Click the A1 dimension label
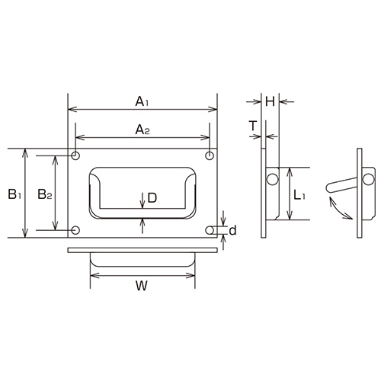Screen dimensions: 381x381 tap(142, 101)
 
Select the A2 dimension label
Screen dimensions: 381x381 tap(142, 130)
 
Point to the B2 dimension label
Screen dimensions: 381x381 tap(44, 194)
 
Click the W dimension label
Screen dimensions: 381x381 tap(141, 286)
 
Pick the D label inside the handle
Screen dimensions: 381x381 tap(152, 197)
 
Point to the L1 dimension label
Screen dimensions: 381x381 tap(299, 196)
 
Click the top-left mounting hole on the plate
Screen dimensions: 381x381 tap(75, 156)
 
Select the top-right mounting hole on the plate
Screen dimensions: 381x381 tap(210, 156)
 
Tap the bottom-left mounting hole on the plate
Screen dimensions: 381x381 tap(75, 229)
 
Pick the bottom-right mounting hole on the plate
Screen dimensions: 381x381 tap(210, 229)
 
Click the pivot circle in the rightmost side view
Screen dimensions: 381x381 tap(368, 178)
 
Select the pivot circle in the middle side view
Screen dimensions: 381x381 tap(271, 179)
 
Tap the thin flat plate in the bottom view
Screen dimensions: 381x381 tap(142, 251)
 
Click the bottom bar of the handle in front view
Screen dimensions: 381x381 tap(142, 216)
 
